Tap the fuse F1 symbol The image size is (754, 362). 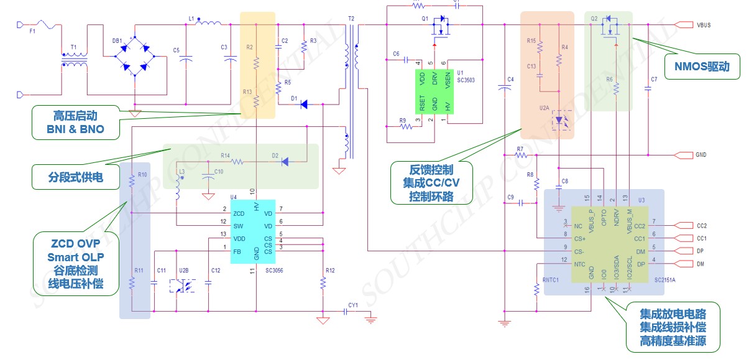pos(44,24)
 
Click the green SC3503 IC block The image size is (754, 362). pos(434,91)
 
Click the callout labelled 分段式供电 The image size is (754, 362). pos(67,178)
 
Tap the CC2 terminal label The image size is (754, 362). pos(702,226)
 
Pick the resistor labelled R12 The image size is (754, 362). pos(323,283)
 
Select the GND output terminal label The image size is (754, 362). pos(700,155)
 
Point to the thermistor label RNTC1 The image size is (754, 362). pos(550,280)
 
